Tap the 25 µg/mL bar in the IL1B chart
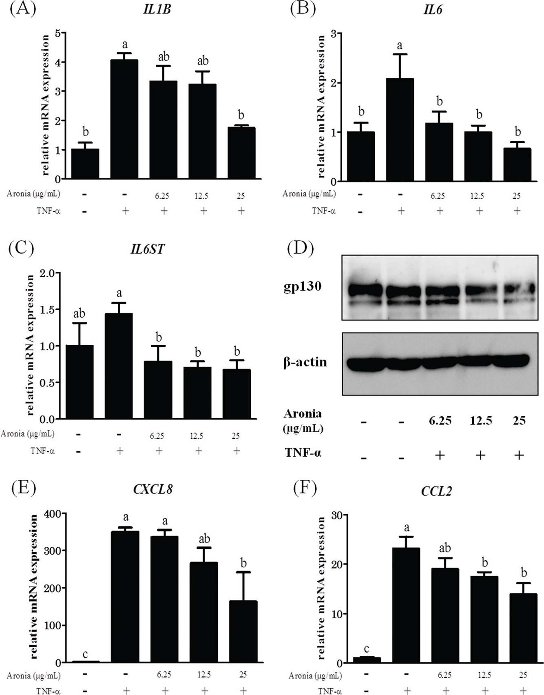tap(241, 153)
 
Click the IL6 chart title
tap(433, 9)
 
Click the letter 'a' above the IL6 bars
tap(400, 45)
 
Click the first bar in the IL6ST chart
tap(80, 382)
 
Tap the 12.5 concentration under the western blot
tap(481, 421)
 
